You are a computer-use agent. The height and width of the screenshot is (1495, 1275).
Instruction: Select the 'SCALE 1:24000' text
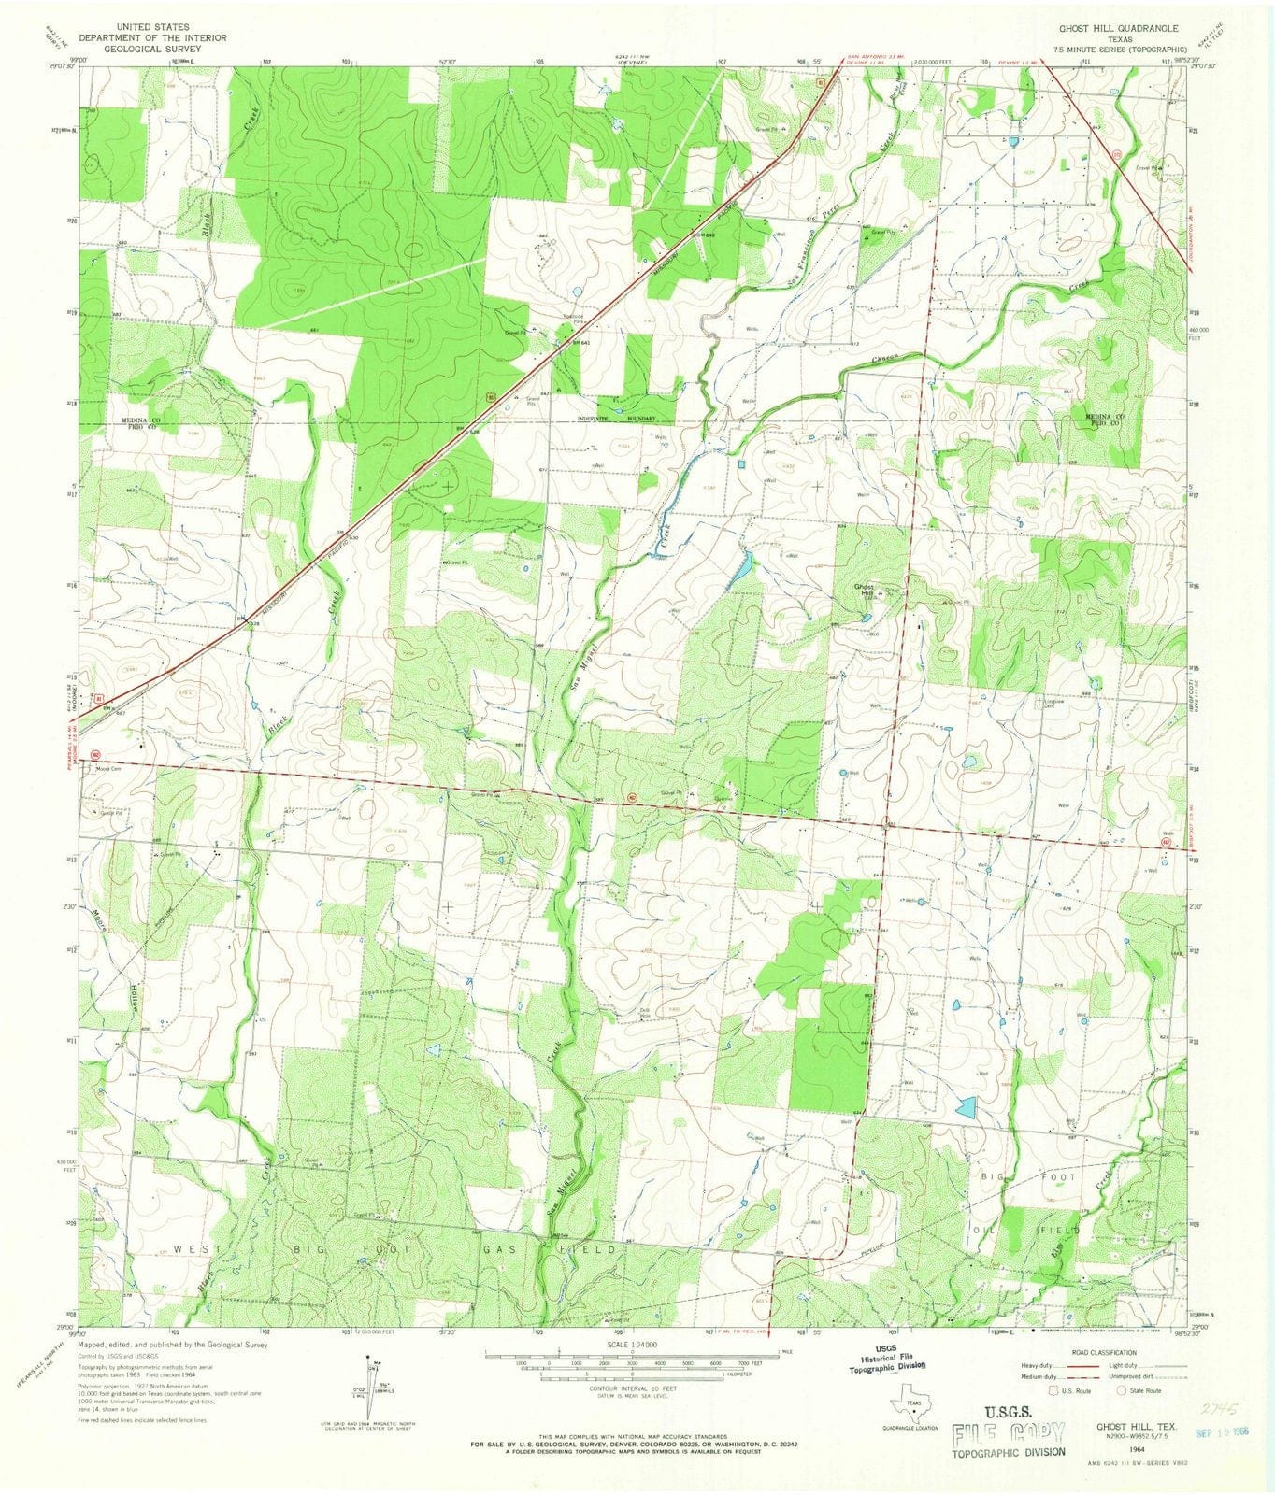pyautogui.click(x=632, y=1344)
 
